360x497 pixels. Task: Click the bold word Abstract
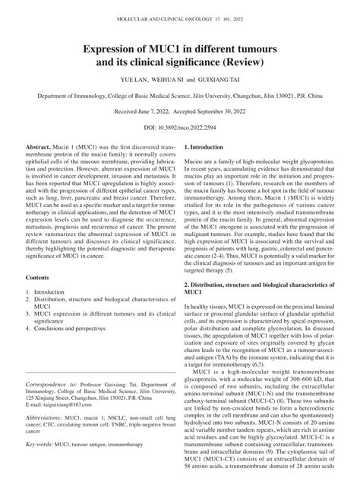39,164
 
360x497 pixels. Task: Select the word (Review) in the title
240,64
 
